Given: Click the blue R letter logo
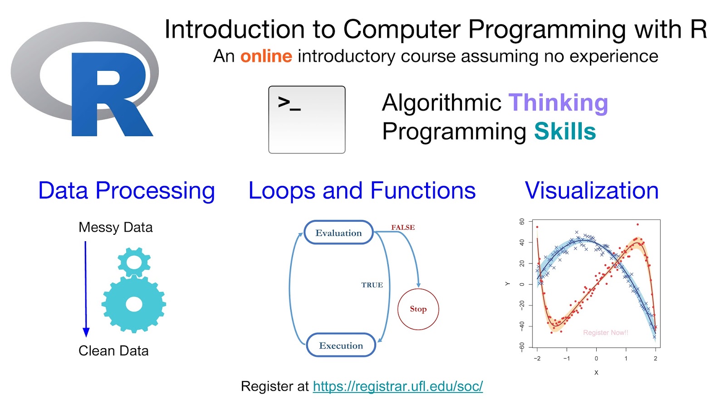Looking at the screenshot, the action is tap(110, 94).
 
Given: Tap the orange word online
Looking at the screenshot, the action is tap(266, 56).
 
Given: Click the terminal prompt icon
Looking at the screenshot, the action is tap(307, 120).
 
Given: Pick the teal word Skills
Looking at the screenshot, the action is tap(565, 131).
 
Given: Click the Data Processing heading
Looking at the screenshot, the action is tap(127, 191).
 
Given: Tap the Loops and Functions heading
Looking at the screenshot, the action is tap(362, 190).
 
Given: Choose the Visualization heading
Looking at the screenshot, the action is tap(592, 190).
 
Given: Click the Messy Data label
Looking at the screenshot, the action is tap(115, 228).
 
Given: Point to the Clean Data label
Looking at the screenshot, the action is tap(113, 351).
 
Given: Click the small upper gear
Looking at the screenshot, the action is tap(134, 262).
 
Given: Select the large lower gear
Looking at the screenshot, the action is tap(133, 304).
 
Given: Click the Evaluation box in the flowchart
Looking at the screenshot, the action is tap(338, 233).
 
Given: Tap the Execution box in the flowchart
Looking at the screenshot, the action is tap(341, 345).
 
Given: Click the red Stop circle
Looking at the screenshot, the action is tap(418, 309).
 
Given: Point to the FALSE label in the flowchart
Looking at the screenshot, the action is tap(403, 227).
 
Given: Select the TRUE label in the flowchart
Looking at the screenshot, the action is tap(372, 285).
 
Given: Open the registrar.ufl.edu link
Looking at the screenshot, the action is tap(397, 386).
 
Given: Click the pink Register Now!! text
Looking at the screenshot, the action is tap(605, 333).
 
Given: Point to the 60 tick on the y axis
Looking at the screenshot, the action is tap(521, 222).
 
